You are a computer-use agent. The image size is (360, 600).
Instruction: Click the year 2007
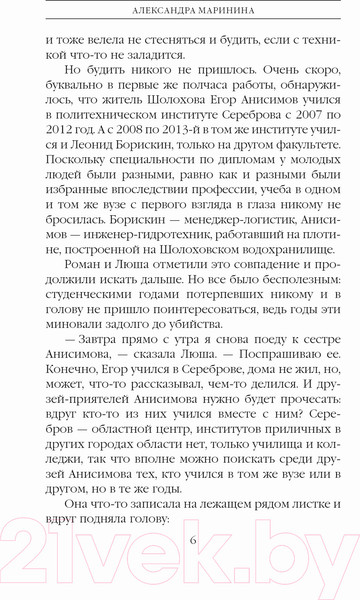(293, 136)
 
